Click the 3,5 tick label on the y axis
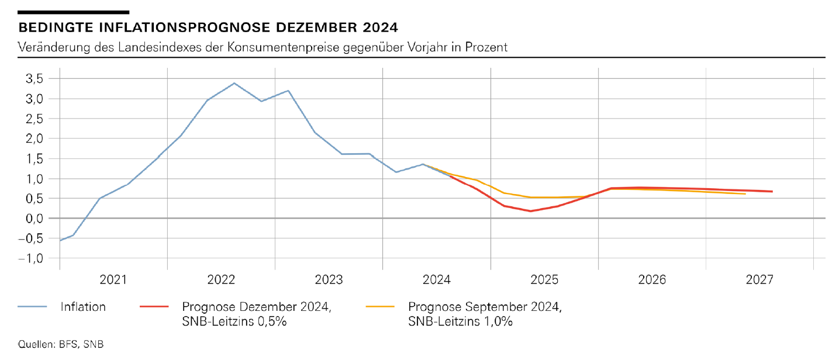[x=33, y=79]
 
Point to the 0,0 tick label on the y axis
[x=33, y=218]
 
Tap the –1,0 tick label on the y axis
[x=30, y=258]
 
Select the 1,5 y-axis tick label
[x=33, y=158]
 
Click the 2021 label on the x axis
[x=113, y=280]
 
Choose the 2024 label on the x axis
[x=437, y=280]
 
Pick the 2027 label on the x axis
[x=759, y=280]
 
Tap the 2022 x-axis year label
[x=221, y=280]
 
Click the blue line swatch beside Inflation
[x=32, y=306]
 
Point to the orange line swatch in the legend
[x=380, y=306]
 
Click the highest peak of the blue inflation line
[x=234, y=83]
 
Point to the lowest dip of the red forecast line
[x=530, y=211]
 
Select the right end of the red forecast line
[x=772, y=191]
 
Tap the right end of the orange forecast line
[x=745, y=193]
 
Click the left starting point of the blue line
[x=60, y=240]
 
